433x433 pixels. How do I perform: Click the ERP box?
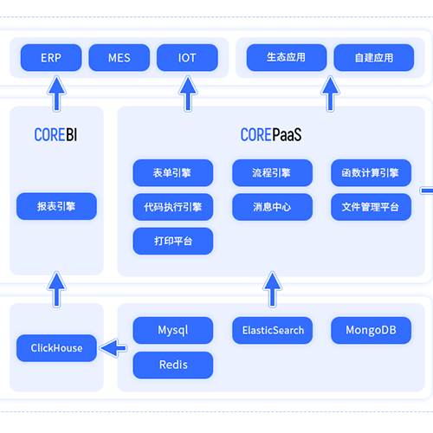coord(51,58)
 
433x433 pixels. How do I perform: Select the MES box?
coord(120,58)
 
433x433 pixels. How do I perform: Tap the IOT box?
coord(187,58)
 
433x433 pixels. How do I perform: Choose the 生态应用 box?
coord(287,58)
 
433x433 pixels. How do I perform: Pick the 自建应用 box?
coord(374,58)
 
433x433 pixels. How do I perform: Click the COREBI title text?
coord(55,134)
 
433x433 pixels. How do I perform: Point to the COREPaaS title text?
coord(271,134)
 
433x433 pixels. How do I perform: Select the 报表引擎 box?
coord(56,206)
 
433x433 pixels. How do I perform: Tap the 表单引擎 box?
coord(173,173)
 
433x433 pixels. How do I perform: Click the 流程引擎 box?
coord(272,173)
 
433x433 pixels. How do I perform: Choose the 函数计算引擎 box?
coord(371,173)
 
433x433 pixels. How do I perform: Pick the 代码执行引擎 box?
coord(173,207)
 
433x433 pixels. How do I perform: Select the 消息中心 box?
coord(272,207)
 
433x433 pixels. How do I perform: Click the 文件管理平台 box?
coord(371,207)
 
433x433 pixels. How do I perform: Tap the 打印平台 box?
coord(173,241)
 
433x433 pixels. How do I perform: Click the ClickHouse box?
coord(56,348)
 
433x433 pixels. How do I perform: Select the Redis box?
coord(173,365)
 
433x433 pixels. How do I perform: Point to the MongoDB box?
coord(371,330)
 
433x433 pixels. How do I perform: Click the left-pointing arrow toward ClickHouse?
coord(113,348)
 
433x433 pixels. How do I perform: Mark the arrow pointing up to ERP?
coord(57,94)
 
